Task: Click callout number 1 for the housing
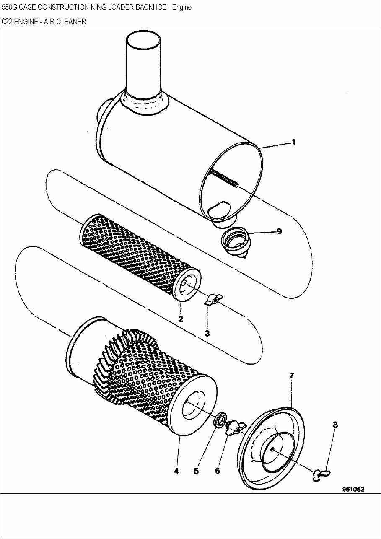click(x=293, y=142)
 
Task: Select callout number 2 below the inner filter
click(x=181, y=319)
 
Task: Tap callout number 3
click(x=207, y=333)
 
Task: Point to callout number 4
click(x=176, y=471)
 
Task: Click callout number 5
click(x=196, y=471)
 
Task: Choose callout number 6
click(x=217, y=471)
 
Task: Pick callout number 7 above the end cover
click(x=291, y=376)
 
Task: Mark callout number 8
click(x=335, y=425)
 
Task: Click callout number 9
click(x=279, y=231)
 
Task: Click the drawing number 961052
click(x=353, y=489)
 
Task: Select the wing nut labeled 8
click(x=321, y=474)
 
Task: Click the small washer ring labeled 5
click(x=220, y=420)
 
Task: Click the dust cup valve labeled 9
click(x=235, y=241)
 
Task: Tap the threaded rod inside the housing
click(x=225, y=178)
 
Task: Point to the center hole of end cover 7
click(x=272, y=450)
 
